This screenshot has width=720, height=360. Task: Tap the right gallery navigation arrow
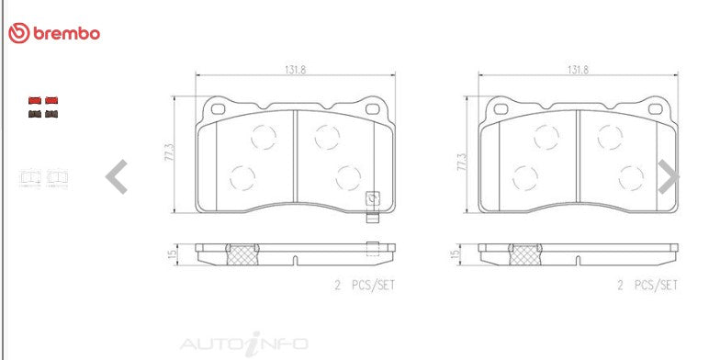point(669,176)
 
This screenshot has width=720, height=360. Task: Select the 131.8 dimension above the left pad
point(296,70)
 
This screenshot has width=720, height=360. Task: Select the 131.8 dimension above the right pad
point(579,70)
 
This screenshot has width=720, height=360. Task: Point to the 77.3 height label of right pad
point(462,163)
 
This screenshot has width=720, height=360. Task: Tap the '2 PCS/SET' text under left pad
point(366,285)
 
